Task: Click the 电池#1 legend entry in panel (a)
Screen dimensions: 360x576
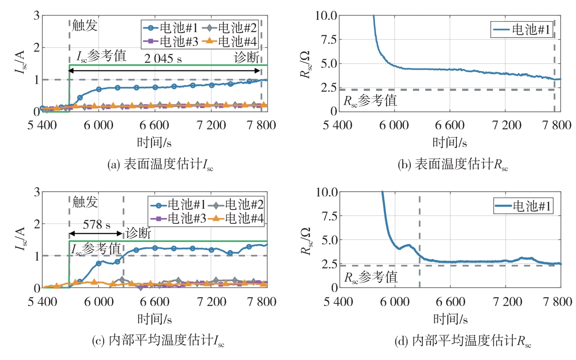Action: (171, 28)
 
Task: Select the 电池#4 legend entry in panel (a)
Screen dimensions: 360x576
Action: (229, 41)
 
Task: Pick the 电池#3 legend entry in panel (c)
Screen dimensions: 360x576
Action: (178, 218)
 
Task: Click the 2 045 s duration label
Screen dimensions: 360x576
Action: (163, 59)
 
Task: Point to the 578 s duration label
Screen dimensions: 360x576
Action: (96, 225)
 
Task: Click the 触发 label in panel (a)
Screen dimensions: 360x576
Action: (84, 26)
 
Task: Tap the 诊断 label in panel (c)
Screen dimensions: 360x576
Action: (138, 233)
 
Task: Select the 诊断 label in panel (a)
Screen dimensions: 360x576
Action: (246, 57)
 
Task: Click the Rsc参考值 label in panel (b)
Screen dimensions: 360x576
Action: (370, 101)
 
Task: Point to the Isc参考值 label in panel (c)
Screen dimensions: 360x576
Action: (96, 249)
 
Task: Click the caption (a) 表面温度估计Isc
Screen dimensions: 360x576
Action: (160, 164)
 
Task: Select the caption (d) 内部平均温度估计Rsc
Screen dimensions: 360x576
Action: (463, 341)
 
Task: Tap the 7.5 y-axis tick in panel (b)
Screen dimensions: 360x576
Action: (328, 40)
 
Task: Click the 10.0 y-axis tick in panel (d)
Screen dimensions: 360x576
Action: (326, 192)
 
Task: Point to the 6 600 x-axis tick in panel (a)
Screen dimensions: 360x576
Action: (154, 126)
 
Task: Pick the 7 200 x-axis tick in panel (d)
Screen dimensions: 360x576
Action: (507, 302)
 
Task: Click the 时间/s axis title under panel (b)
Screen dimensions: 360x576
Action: (450, 142)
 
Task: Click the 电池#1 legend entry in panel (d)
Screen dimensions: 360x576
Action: (523, 206)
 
